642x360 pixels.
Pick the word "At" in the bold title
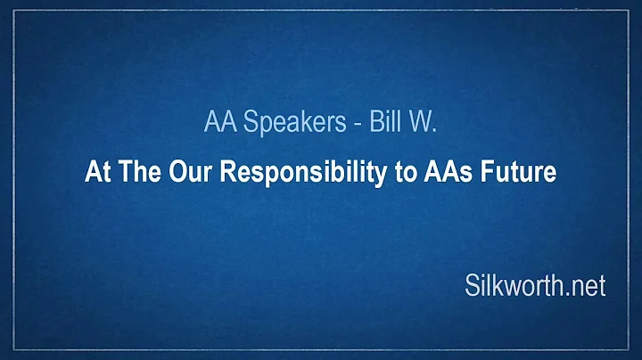click(x=95, y=173)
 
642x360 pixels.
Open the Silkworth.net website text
click(x=534, y=286)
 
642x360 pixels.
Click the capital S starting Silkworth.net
click(x=472, y=286)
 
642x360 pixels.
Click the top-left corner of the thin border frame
click(x=16, y=16)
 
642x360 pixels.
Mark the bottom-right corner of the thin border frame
click(x=626, y=344)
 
